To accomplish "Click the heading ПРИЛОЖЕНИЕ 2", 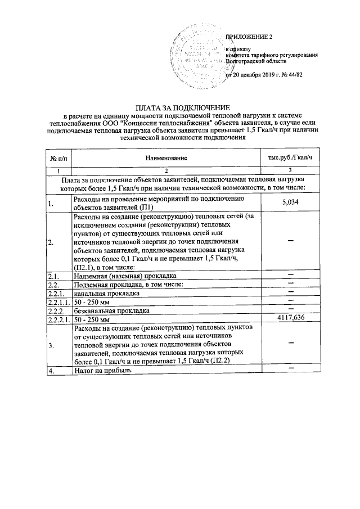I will (x=249, y=37).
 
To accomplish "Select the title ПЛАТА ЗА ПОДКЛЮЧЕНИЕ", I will (x=180, y=107).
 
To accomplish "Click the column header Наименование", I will (x=166, y=161).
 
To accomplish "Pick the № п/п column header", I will (x=58, y=161).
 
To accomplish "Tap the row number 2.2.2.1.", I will (x=58, y=319).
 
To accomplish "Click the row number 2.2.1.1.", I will (x=58, y=302).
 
